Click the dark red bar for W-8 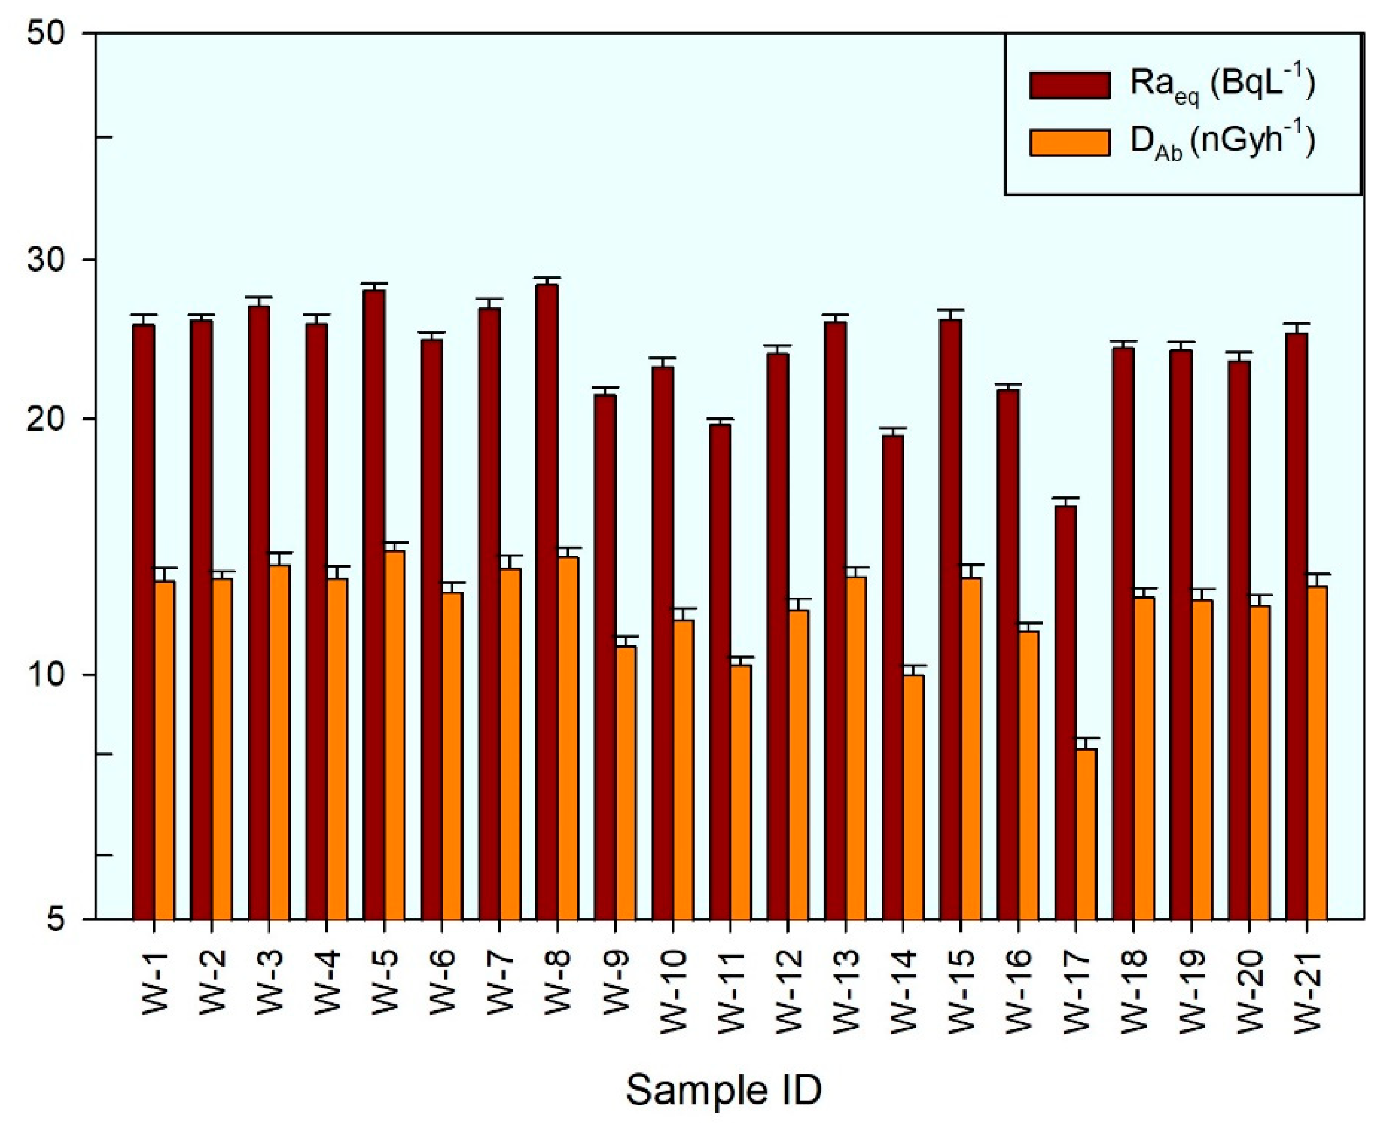pos(547,601)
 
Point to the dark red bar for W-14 pos(893,676)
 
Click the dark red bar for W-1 pos(144,621)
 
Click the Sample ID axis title pos(723,1089)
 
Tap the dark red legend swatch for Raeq pos(1070,85)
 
